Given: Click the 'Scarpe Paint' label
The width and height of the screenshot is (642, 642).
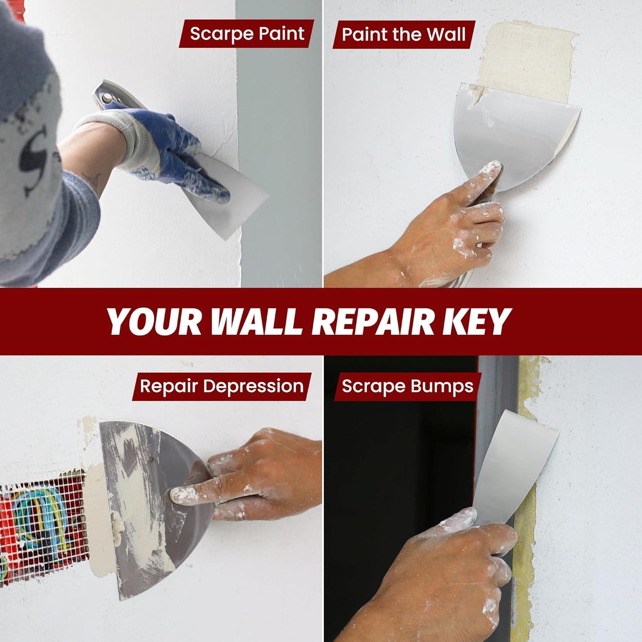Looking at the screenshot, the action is (x=247, y=34).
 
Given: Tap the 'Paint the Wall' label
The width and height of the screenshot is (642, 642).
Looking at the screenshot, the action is (x=404, y=34).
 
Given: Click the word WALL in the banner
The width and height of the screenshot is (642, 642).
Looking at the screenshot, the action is (x=256, y=322).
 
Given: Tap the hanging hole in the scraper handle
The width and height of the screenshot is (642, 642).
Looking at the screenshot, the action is (x=107, y=98).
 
